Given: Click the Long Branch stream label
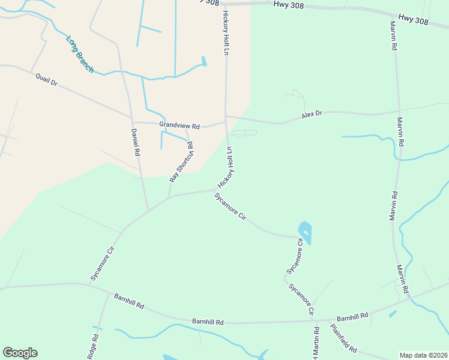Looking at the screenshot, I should pyautogui.click(x=79, y=55).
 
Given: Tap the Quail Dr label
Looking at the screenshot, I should pyautogui.click(x=46, y=79).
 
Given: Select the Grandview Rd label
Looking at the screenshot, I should pyautogui.click(x=179, y=125).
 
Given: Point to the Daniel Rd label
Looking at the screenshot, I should pyautogui.click(x=136, y=143).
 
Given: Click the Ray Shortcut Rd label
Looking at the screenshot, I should pyautogui.click(x=181, y=161).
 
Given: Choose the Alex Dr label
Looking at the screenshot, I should pyautogui.click(x=312, y=113).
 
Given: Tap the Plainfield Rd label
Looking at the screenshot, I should pyautogui.click(x=344, y=338).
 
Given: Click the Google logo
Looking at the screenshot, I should pyautogui.click(x=20, y=353).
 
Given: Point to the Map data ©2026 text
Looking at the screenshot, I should pyautogui.click(x=423, y=355).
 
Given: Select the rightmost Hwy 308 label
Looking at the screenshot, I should pyautogui.click(x=414, y=21).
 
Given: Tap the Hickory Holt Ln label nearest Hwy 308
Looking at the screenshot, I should pyautogui.click(x=226, y=32).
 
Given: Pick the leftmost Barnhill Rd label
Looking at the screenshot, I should pyautogui.click(x=128, y=301).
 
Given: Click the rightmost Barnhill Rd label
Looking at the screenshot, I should pyautogui.click(x=351, y=317).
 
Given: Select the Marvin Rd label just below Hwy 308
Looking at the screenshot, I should pyautogui.click(x=393, y=37).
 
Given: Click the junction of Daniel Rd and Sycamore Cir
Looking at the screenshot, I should pyautogui.click(x=148, y=210).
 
